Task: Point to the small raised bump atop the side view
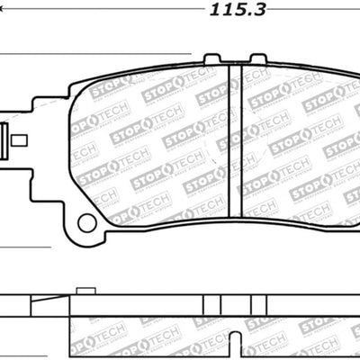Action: tap(86, 290)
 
